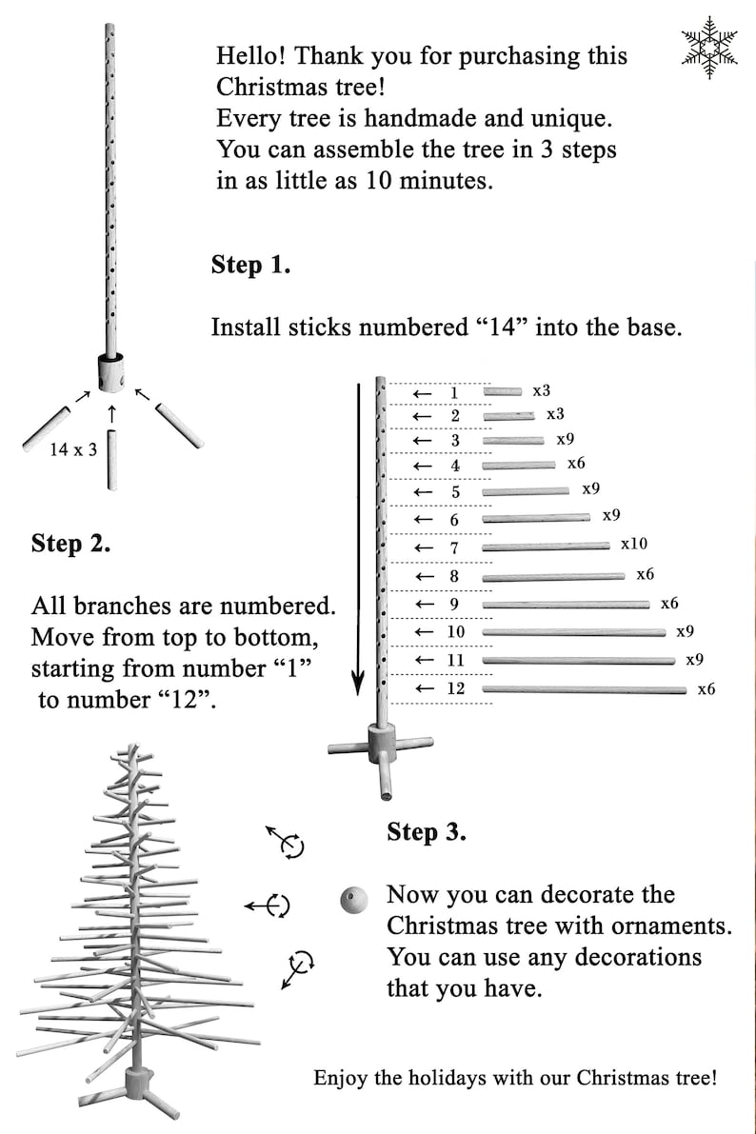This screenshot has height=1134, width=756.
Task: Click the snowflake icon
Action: (709, 47)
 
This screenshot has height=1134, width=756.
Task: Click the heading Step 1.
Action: (250, 265)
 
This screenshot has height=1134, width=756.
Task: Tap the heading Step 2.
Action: (70, 543)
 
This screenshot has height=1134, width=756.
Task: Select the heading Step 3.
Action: (427, 832)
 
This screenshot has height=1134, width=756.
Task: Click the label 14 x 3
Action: (73, 449)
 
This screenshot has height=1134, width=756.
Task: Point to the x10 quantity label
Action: (634, 544)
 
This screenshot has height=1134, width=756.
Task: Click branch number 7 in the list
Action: (454, 548)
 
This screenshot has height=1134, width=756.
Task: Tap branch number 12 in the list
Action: (456, 688)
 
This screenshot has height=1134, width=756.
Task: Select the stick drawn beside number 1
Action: (502, 391)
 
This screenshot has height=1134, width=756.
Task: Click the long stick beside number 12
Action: (584, 690)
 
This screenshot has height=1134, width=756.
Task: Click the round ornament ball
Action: (354, 900)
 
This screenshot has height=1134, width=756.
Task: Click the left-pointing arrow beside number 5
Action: (423, 492)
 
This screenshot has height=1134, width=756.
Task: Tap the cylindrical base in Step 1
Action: (110, 371)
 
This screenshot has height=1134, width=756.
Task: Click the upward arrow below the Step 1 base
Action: (111, 414)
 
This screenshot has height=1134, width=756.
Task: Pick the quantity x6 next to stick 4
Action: (576, 463)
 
